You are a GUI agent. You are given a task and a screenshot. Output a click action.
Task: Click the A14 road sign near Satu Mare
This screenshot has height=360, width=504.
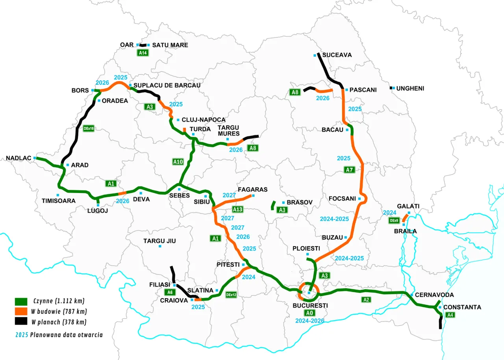143,52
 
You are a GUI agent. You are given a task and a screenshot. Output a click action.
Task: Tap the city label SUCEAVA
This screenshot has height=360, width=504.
337,55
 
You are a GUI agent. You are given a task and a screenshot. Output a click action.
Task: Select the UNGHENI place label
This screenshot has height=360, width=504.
410,88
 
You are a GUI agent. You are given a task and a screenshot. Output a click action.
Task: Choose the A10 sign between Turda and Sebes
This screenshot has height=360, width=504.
178,161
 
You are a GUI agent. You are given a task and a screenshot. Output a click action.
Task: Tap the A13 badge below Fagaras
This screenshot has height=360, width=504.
238,209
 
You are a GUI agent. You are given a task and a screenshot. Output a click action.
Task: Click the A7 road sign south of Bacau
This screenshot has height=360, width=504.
349,170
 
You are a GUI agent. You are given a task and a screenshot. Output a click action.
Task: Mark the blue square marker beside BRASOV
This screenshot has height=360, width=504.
283,202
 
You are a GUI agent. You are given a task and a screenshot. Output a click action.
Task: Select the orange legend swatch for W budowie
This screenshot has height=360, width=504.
21,311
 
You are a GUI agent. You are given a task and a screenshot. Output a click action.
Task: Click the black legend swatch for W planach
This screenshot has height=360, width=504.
21,321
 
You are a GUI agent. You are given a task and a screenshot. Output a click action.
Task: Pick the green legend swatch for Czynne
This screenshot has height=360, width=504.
21,301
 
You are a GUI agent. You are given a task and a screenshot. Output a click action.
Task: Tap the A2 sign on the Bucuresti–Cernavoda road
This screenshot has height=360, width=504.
366,300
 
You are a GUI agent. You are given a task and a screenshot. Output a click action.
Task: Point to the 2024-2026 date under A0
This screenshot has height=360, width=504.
310,321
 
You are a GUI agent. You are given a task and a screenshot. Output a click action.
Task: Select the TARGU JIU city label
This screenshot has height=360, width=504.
159,241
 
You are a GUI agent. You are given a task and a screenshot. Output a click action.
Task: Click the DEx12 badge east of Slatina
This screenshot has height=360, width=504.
231,294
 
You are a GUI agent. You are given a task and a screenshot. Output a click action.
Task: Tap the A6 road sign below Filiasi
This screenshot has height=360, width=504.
170,292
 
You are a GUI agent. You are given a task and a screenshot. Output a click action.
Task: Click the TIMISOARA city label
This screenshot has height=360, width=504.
59,200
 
